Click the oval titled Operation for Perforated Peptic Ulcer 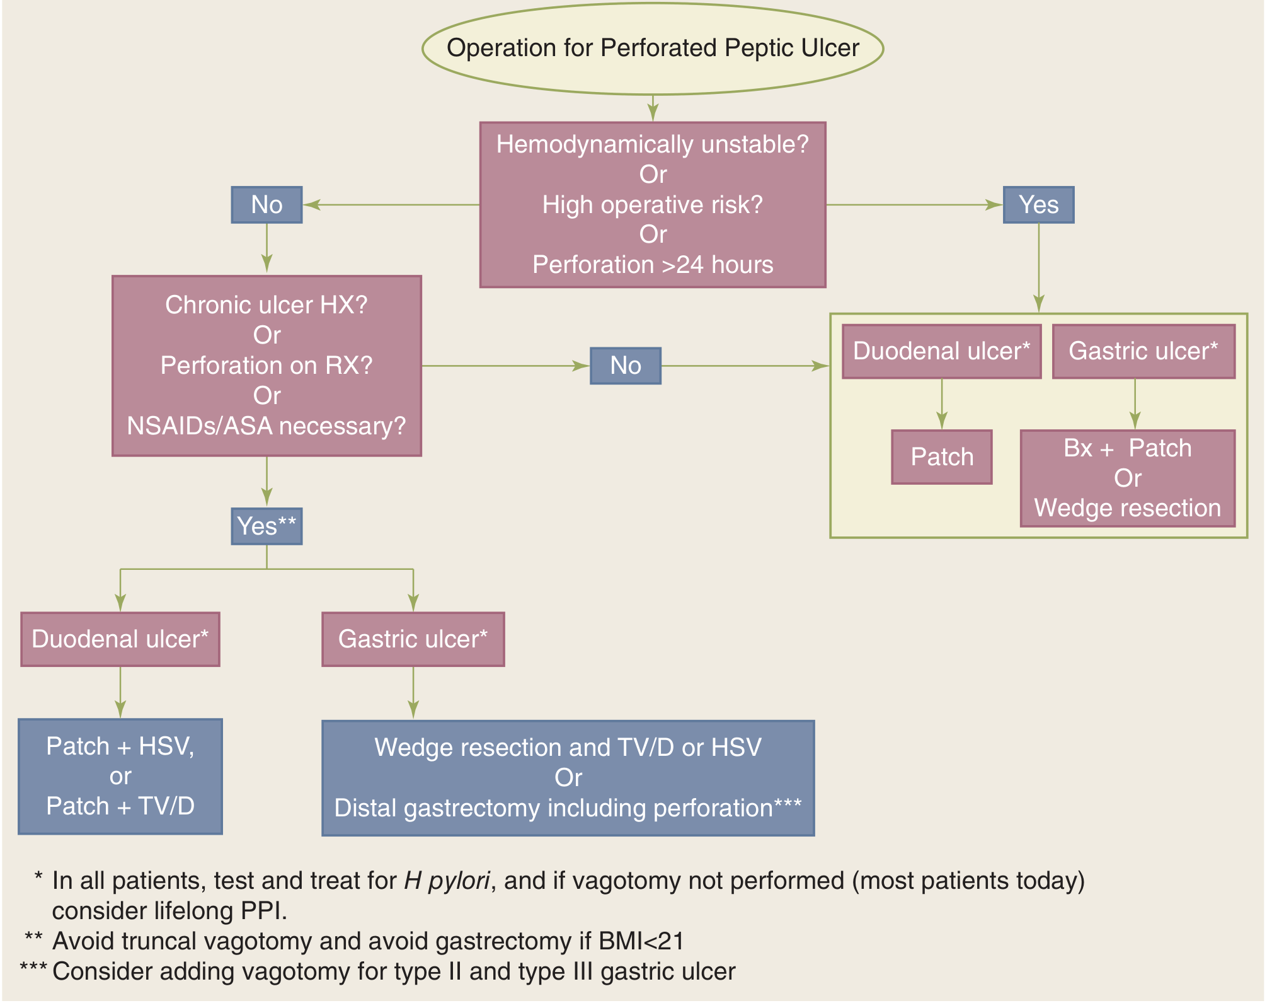653,49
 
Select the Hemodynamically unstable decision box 653,205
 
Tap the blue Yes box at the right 1038,205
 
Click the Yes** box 266,526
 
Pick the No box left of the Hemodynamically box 266,205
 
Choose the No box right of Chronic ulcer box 626,366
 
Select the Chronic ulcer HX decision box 266,366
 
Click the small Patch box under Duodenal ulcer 942,457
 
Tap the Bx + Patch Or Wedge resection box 1127,478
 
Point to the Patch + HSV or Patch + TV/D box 120,777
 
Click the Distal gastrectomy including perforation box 568,778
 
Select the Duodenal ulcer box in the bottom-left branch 120,639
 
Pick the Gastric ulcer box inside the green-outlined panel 1143,352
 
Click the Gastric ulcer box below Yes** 413,639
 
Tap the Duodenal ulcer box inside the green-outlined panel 941,352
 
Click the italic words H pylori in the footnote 447,881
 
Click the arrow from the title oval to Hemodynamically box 653,108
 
